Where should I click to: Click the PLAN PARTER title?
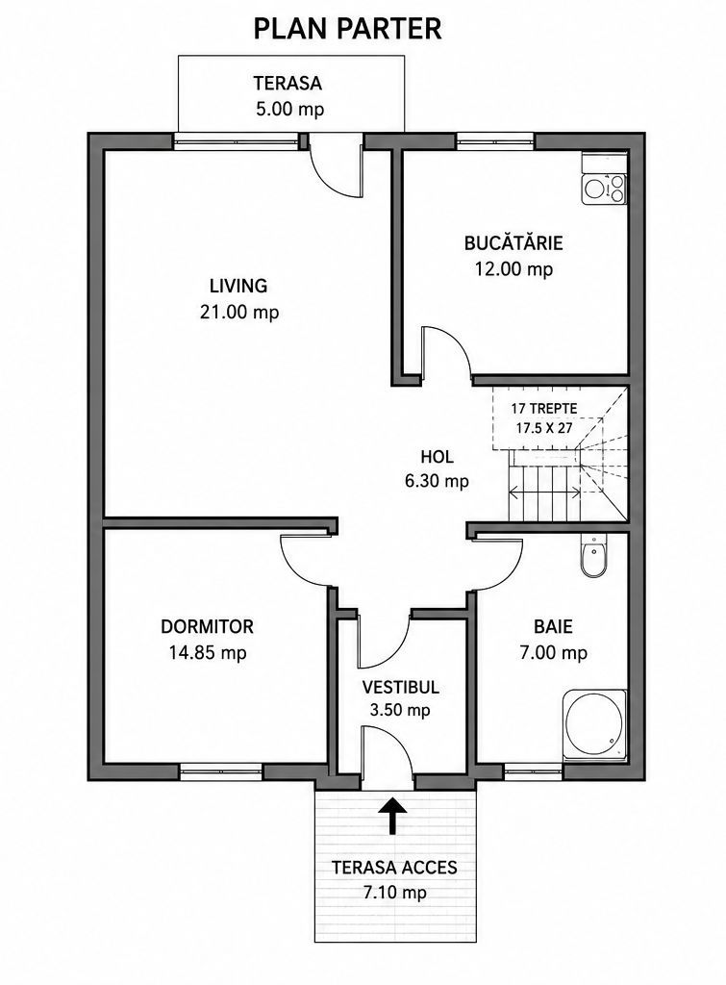[347, 29]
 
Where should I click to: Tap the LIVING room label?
[238, 286]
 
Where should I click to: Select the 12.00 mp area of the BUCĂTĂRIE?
[513, 269]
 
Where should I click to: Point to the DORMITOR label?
[208, 626]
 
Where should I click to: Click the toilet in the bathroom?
[593, 556]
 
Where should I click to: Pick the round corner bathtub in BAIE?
[594, 725]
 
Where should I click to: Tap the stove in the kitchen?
[604, 189]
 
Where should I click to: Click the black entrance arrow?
[393, 816]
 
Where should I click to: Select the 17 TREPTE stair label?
[544, 408]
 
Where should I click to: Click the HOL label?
[437, 456]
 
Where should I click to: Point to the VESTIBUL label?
[401, 687]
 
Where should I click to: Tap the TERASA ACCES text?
[394, 868]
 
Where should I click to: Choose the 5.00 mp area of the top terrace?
[289, 110]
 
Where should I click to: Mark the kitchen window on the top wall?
[495, 142]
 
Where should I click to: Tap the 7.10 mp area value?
[394, 892]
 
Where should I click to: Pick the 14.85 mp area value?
[208, 653]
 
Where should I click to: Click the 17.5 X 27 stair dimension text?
[544, 429]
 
